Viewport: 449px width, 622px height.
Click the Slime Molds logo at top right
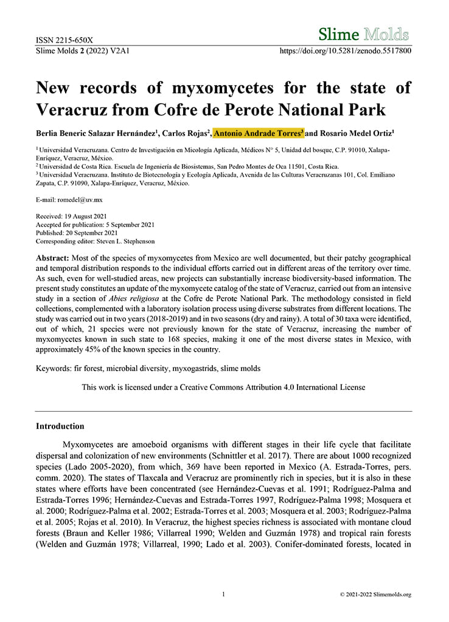click(364, 34)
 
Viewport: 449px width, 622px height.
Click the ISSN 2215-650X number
click(64, 41)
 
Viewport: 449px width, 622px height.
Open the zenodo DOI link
click(345, 51)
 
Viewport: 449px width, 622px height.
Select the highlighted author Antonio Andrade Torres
click(259, 132)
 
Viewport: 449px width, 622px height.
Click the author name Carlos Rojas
click(186, 132)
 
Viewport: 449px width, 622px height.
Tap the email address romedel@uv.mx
click(77, 200)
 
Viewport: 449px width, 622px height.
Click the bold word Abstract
click(53, 258)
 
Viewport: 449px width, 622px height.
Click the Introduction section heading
click(60, 426)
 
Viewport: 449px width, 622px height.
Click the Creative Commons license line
click(223, 386)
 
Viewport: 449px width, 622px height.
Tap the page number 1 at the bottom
click(224, 594)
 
